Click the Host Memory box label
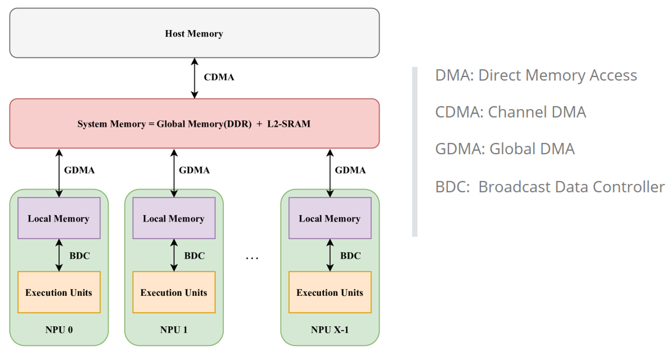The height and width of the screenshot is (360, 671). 193,34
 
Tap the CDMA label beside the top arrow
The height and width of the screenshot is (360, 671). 218,78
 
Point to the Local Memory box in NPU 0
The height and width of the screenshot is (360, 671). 59,218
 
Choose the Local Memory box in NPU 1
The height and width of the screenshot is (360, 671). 173,218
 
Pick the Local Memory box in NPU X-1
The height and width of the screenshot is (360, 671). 330,218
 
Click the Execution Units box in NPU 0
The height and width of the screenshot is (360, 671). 59,292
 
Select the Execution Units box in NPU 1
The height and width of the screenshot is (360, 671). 173,292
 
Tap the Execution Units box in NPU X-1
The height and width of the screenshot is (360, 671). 330,292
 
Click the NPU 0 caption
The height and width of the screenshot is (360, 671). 59,330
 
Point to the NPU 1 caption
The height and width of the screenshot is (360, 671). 173,330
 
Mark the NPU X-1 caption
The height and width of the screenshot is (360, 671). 330,330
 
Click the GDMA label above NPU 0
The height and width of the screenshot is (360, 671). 80,170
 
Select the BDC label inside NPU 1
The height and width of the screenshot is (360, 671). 194,256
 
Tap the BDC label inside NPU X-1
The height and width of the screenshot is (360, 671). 350,256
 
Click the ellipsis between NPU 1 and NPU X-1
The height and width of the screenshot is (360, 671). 252,258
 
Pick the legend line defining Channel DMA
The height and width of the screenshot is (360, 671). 510,112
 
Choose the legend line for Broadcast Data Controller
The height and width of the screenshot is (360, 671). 550,187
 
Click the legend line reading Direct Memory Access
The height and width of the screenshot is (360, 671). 535,75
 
